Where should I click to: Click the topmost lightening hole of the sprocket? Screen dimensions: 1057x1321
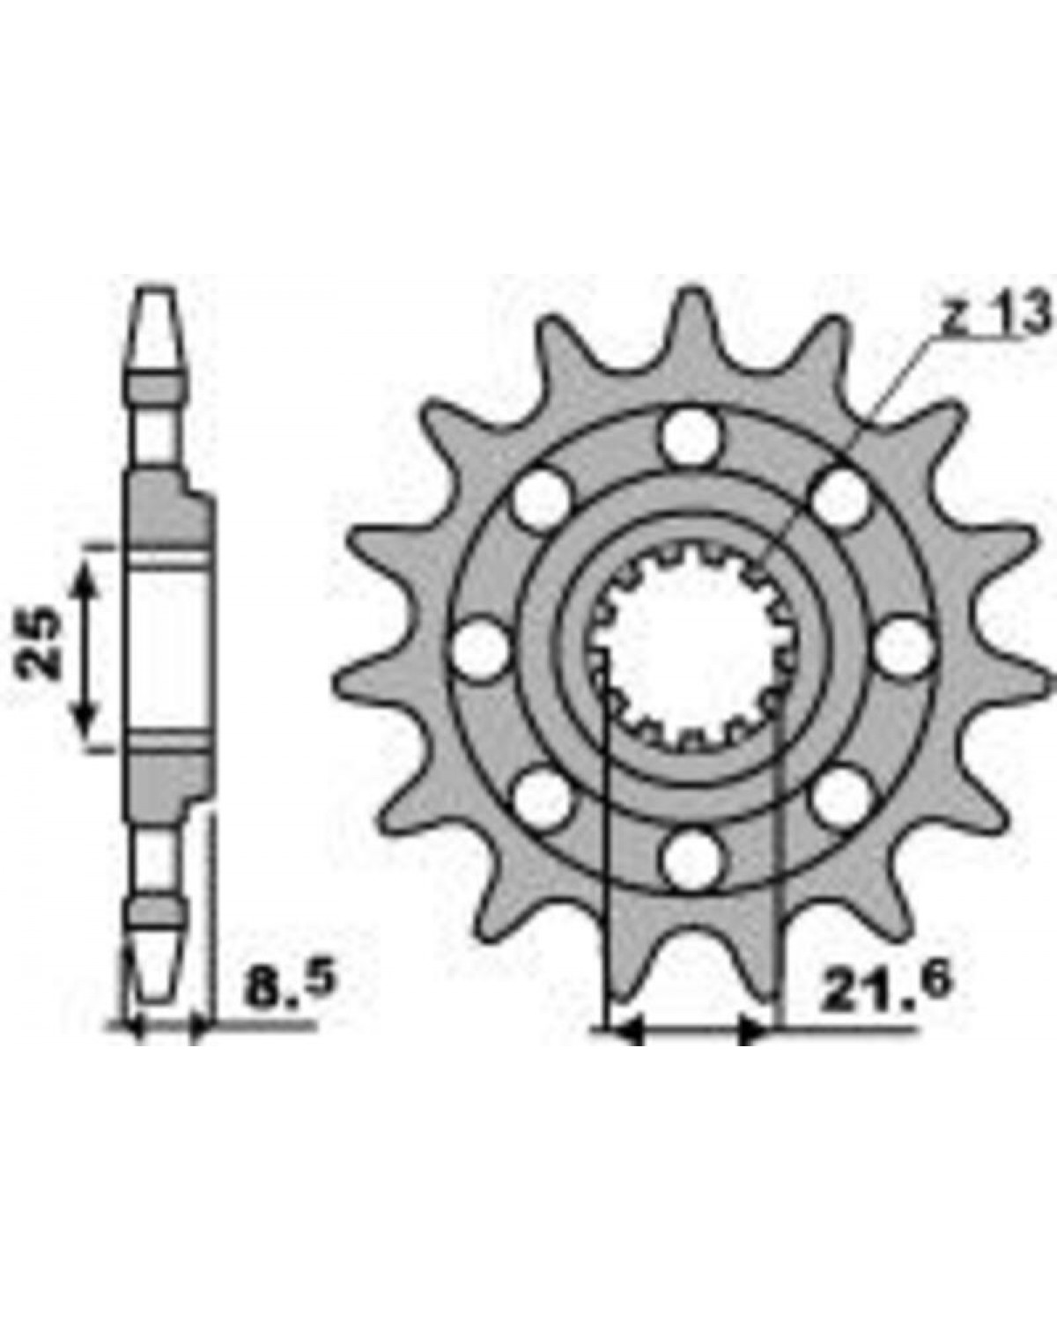point(691,437)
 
